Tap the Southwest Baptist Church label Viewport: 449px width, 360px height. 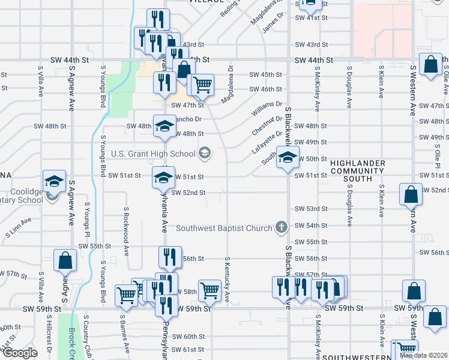(224, 228)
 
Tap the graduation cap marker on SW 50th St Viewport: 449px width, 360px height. (288, 157)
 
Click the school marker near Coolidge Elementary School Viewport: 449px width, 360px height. (53, 181)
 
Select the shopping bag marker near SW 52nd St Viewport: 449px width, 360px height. (411, 194)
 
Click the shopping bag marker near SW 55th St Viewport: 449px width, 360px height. (65, 260)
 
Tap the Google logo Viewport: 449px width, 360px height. (19, 353)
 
